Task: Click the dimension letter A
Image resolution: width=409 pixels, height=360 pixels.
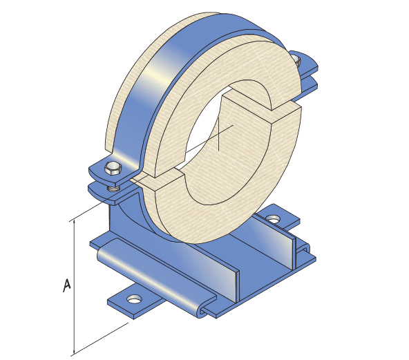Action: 67,285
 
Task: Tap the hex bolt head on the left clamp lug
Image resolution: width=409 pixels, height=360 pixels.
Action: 113,167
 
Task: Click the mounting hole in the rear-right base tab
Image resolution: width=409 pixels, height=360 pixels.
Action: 274,220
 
